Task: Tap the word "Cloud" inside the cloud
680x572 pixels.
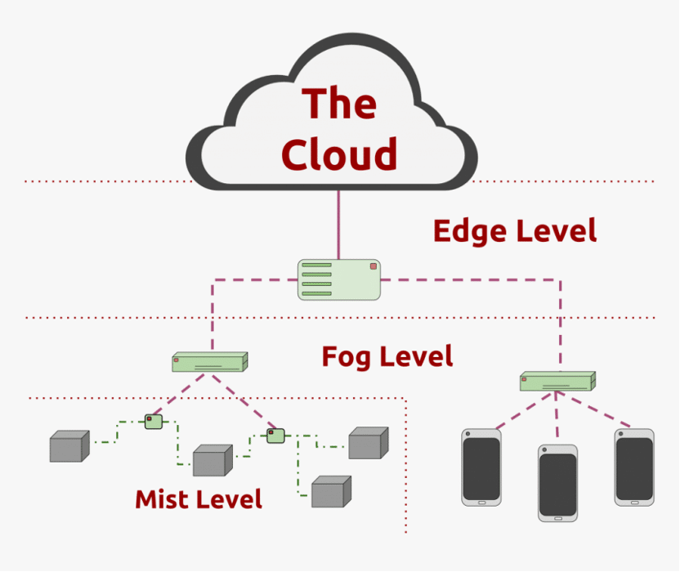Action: pyautogui.click(x=339, y=154)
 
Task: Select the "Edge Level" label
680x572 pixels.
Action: pyautogui.click(x=515, y=231)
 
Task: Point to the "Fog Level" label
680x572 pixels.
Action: pyautogui.click(x=387, y=357)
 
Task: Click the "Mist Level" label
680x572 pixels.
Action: pyautogui.click(x=199, y=498)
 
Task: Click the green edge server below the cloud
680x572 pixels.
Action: pyautogui.click(x=339, y=279)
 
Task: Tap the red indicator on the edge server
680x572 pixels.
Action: pyautogui.click(x=373, y=266)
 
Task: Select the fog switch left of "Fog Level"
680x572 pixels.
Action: pyautogui.click(x=210, y=362)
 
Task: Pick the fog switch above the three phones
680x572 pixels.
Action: pyautogui.click(x=557, y=381)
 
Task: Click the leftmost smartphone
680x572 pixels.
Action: pyautogui.click(x=481, y=467)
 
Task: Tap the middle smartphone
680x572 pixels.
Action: pyautogui.click(x=557, y=483)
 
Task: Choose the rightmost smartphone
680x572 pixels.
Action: pyautogui.click(x=634, y=467)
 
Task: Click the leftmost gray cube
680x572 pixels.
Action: pyautogui.click(x=69, y=446)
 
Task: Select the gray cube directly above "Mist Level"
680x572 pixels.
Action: pyautogui.click(x=212, y=460)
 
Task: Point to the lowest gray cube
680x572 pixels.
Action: pyautogui.click(x=331, y=491)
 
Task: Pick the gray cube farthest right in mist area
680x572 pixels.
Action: pyautogui.click(x=369, y=443)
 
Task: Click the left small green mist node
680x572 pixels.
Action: pyautogui.click(x=154, y=422)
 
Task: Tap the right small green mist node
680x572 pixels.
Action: pyautogui.click(x=275, y=436)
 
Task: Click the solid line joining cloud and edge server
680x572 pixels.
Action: pyautogui.click(x=338, y=225)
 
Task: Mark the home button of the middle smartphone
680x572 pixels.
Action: pyautogui.click(x=558, y=518)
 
